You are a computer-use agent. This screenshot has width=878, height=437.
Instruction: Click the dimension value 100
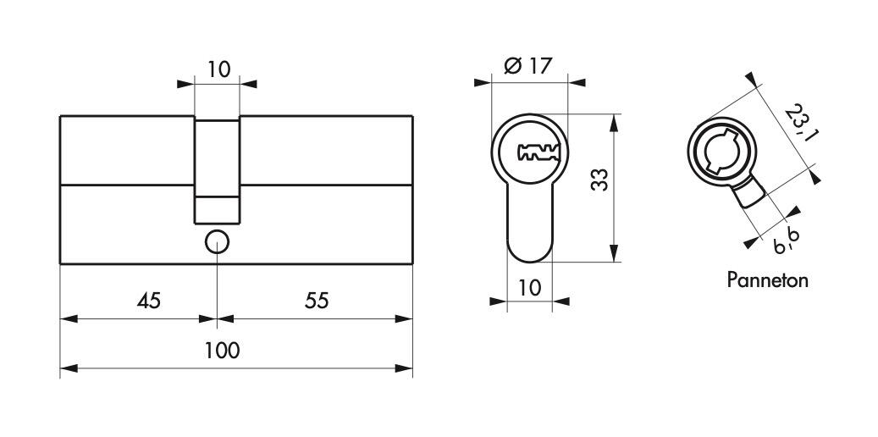(x=222, y=351)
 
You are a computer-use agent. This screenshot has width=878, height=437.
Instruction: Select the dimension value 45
(x=148, y=301)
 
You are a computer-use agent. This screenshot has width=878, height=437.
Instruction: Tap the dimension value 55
(x=317, y=301)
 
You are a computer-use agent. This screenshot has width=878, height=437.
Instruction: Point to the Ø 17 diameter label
(x=528, y=66)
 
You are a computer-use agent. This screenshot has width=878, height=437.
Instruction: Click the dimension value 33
(x=599, y=180)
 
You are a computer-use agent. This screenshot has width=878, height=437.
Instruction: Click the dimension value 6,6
(x=787, y=241)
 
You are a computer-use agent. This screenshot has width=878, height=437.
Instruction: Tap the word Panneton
(x=767, y=279)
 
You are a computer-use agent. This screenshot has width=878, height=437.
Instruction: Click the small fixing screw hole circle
(x=217, y=242)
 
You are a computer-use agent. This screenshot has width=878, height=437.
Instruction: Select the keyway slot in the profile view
(x=538, y=152)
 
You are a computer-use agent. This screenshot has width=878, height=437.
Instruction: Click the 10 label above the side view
(x=219, y=70)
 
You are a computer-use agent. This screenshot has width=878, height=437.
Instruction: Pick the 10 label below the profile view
(x=530, y=288)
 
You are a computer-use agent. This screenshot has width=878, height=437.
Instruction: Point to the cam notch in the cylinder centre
(x=218, y=209)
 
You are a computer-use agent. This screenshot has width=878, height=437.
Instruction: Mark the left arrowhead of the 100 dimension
(x=69, y=368)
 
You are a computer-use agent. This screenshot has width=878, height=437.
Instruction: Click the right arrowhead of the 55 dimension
(x=404, y=318)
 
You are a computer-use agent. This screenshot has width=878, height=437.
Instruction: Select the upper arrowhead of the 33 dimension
(x=615, y=123)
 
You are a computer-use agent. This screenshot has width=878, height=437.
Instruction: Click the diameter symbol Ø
(x=513, y=66)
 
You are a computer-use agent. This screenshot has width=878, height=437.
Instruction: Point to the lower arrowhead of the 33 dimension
(x=615, y=253)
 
